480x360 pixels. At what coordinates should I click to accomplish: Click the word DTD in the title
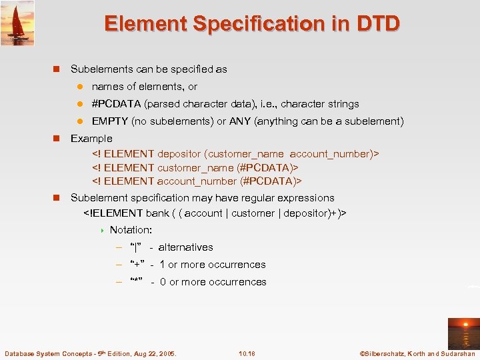tap(377, 23)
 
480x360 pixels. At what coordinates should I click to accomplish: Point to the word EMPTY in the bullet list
tap(110, 121)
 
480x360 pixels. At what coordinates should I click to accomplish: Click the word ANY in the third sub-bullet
tap(240, 121)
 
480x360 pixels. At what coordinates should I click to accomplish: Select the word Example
tap(91, 139)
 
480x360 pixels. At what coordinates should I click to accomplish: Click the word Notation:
tap(131, 230)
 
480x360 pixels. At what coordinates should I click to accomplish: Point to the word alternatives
tap(185, 247)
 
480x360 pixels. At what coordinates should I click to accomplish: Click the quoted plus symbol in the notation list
tap(139, 265)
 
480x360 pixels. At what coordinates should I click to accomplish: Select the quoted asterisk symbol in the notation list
tap(139, 282)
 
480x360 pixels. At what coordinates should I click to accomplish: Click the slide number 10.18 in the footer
tap(247, 353)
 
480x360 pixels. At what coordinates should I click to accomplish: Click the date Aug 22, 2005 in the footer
tap(151, 353)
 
